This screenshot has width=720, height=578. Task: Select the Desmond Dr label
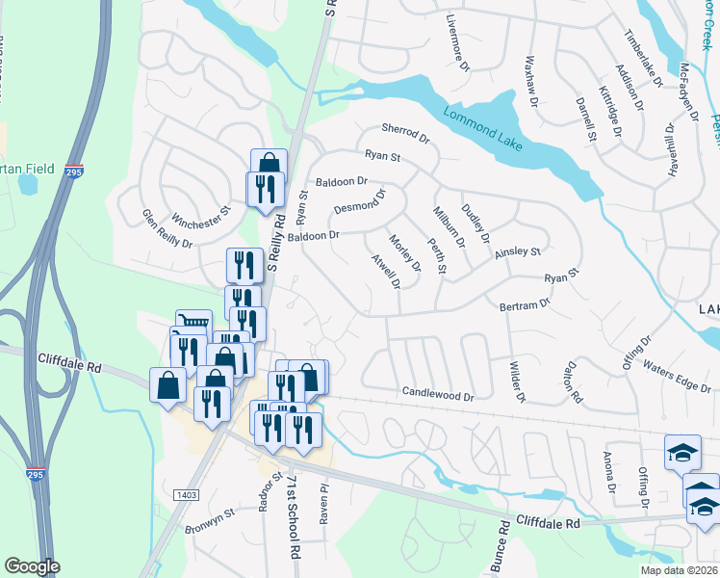(359, 201)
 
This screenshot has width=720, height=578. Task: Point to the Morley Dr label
(404, 252)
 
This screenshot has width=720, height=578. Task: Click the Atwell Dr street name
(385, 271)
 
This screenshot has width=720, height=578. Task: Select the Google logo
(32, 566)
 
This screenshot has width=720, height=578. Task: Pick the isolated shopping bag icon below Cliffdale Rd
(167, 385)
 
